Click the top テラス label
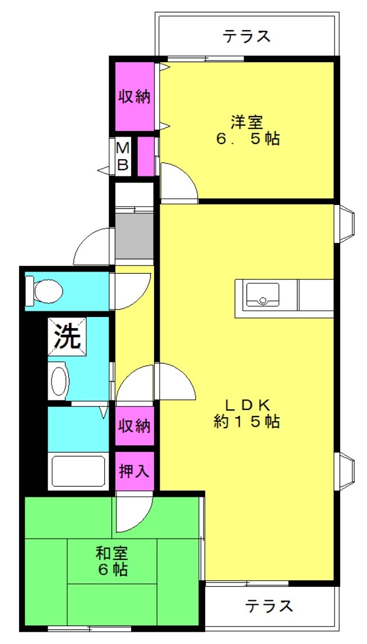click(247, 36)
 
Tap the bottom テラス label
click(270, 606)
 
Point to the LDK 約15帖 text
click(247, 414)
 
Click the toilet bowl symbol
click(44, 291)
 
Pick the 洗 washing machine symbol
click(67, 337)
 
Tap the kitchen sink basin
click(263, 294)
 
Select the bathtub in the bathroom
click(78, 471)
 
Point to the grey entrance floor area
click(134, 235)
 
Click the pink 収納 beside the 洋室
click(134, 97)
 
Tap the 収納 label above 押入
click(134, 426)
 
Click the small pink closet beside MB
click(146, 157)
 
